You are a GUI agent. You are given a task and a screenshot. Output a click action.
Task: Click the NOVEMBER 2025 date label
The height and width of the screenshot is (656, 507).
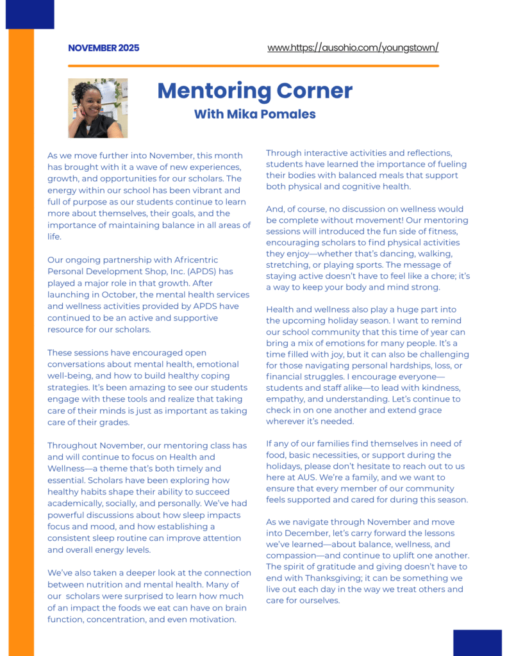pyautogui.click(x=103, y=48)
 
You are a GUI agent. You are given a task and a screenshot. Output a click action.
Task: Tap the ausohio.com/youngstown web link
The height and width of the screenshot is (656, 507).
pyautogui.click(x=353, y=48)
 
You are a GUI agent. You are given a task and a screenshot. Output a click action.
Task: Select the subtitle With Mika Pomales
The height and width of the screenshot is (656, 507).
pyautogui.click(x=254, y=115)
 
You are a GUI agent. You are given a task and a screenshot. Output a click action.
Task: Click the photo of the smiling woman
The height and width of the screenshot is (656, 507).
pyautogui.click(x=97, y=108)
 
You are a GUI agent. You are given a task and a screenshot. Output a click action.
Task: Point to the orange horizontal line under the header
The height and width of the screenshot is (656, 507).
pyautogui.click(x=253, y=66)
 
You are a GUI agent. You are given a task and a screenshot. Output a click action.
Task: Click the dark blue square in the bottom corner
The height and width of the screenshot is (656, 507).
pyautogui.click(x=477, y=643)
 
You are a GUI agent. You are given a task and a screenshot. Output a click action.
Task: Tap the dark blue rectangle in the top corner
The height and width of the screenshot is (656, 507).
pyautogui.click(x=29, y=14)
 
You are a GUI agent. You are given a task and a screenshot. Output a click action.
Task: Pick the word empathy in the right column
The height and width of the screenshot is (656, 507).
pyautogui.click(x=285, y=399)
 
